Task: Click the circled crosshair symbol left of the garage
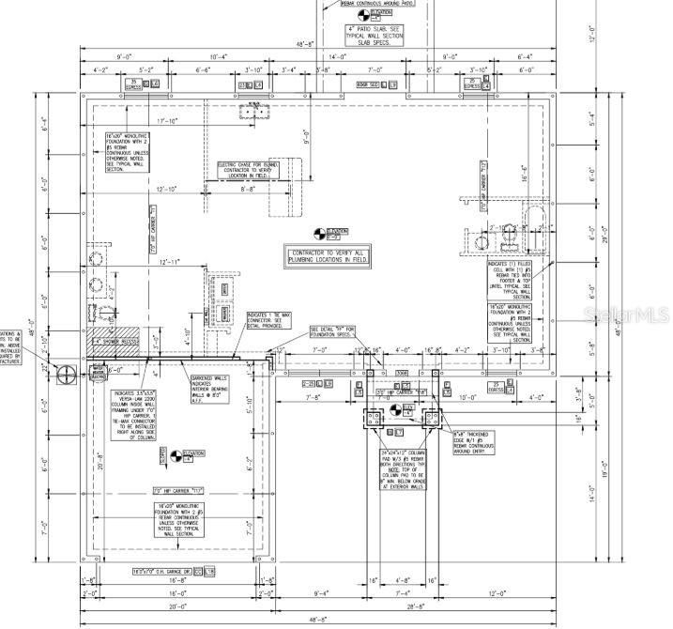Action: [67, 375]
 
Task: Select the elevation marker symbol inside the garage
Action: [178, 457]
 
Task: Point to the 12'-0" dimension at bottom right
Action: [497, 593]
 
